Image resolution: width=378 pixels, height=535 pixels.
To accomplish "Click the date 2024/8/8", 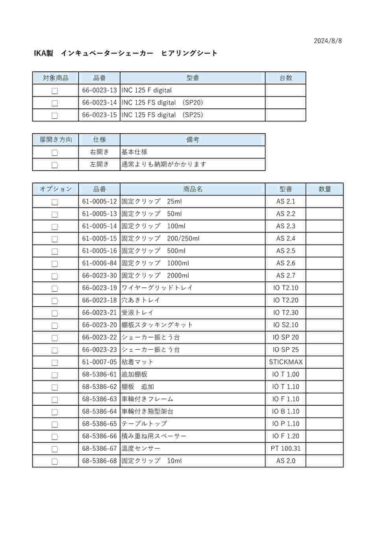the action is coord(328,41).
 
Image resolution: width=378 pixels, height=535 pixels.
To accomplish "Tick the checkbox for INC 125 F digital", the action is coord(55,91).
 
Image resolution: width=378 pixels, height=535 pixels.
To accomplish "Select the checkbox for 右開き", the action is coord(55,153).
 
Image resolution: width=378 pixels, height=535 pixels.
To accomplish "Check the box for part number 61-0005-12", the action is coord(55,202).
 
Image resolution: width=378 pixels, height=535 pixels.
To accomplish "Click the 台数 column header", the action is coord(285,78).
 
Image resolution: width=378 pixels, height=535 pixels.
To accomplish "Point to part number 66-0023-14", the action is coord(99,103).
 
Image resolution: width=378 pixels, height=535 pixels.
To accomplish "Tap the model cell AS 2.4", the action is coord(285,239).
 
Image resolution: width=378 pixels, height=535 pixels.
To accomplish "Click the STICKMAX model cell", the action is coord(285,362).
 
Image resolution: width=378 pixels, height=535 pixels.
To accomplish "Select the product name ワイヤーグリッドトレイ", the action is coord(157,288).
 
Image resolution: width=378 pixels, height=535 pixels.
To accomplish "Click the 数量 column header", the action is coord(324,189).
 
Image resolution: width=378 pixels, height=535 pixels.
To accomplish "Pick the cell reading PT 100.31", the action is coord(285,448).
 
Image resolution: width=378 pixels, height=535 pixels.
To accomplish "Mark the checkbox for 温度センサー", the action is coord(55,449).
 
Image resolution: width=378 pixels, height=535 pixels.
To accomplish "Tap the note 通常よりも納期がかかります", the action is coord(164,164).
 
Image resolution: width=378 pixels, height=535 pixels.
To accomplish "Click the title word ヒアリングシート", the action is coord(189,53).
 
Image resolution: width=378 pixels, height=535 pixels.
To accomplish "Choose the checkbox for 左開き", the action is coord(55,165).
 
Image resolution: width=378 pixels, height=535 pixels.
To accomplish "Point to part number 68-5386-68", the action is coord(99,461).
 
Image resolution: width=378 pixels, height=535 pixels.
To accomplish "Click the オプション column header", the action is coord(56,189).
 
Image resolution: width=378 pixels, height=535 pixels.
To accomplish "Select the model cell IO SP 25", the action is coord(285,350).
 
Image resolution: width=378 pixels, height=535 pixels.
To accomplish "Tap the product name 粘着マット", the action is coord(137,362).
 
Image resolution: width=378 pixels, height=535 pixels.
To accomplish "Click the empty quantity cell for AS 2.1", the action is coord(324,201).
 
